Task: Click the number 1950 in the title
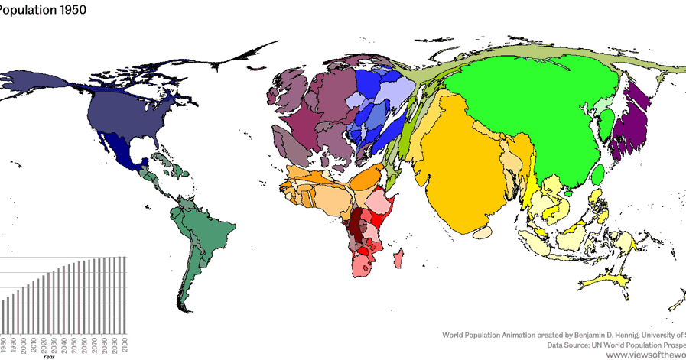pos(70,10)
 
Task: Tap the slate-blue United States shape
pos(122,115)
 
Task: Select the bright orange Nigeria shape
pos(366,180)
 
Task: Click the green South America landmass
pos(203,237)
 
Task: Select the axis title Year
pos(48,357)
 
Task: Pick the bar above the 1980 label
pos(4,316)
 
